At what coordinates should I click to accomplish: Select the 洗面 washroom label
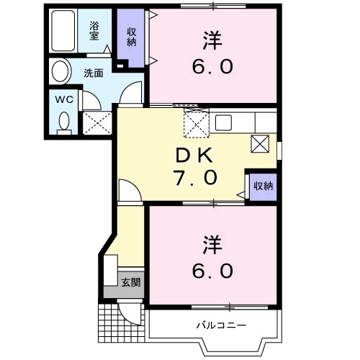click(x=93, y=72)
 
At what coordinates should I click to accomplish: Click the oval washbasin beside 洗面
click(x=60, y=72)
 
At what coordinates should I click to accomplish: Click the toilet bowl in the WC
click(x=64, y=121)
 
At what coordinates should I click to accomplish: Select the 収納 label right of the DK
click(x=263, y=186)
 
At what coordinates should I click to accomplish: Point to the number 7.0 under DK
click(x=194, y=177)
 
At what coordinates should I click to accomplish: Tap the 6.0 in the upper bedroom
click(x=212, y=67)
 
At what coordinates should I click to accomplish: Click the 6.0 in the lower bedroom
click(x=212, y=271)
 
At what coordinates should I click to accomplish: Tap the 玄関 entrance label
click(x=130, y=282)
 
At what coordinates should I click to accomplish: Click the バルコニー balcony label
click(x=221, y=325)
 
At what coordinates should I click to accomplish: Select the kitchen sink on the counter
click(x=222, y=122)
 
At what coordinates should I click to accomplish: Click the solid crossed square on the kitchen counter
click(x=260, y=143)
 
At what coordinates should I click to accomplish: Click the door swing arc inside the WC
click(x=91, y=102)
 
